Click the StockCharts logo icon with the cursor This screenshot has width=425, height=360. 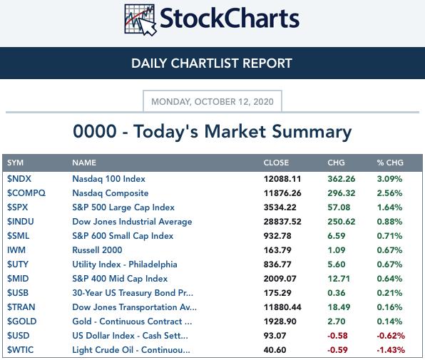tap(140, 20)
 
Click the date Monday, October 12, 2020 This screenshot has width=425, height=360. tap(212, 102)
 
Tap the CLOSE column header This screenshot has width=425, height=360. tap(276, 163)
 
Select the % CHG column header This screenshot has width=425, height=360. tap(390, 163)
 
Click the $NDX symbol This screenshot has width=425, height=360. tap(19, 179)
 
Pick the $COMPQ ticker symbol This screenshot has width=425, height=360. tap(26, 193)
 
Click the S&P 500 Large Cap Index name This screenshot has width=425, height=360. tap(123, 207)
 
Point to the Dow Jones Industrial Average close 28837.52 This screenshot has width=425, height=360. tap(282, 222)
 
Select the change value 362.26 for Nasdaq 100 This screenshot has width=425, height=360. tap(342, 179)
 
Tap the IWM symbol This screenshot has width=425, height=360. tap(16, 250)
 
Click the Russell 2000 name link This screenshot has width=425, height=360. tap(97, 250)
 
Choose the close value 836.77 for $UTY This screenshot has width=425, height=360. tap(277, 264)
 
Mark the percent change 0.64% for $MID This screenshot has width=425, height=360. tap(389, 279)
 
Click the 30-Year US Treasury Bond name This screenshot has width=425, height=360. tap(133, 293)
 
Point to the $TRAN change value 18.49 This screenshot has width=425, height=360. tap(339, 307)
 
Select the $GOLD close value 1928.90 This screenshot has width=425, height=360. tap(280, 322)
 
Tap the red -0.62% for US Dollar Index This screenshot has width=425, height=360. tap(391, 336)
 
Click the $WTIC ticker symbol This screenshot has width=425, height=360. tap(21, 350)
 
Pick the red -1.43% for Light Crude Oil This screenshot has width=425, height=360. tap(391, 350)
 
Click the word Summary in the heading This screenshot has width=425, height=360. tap(312, 132)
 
